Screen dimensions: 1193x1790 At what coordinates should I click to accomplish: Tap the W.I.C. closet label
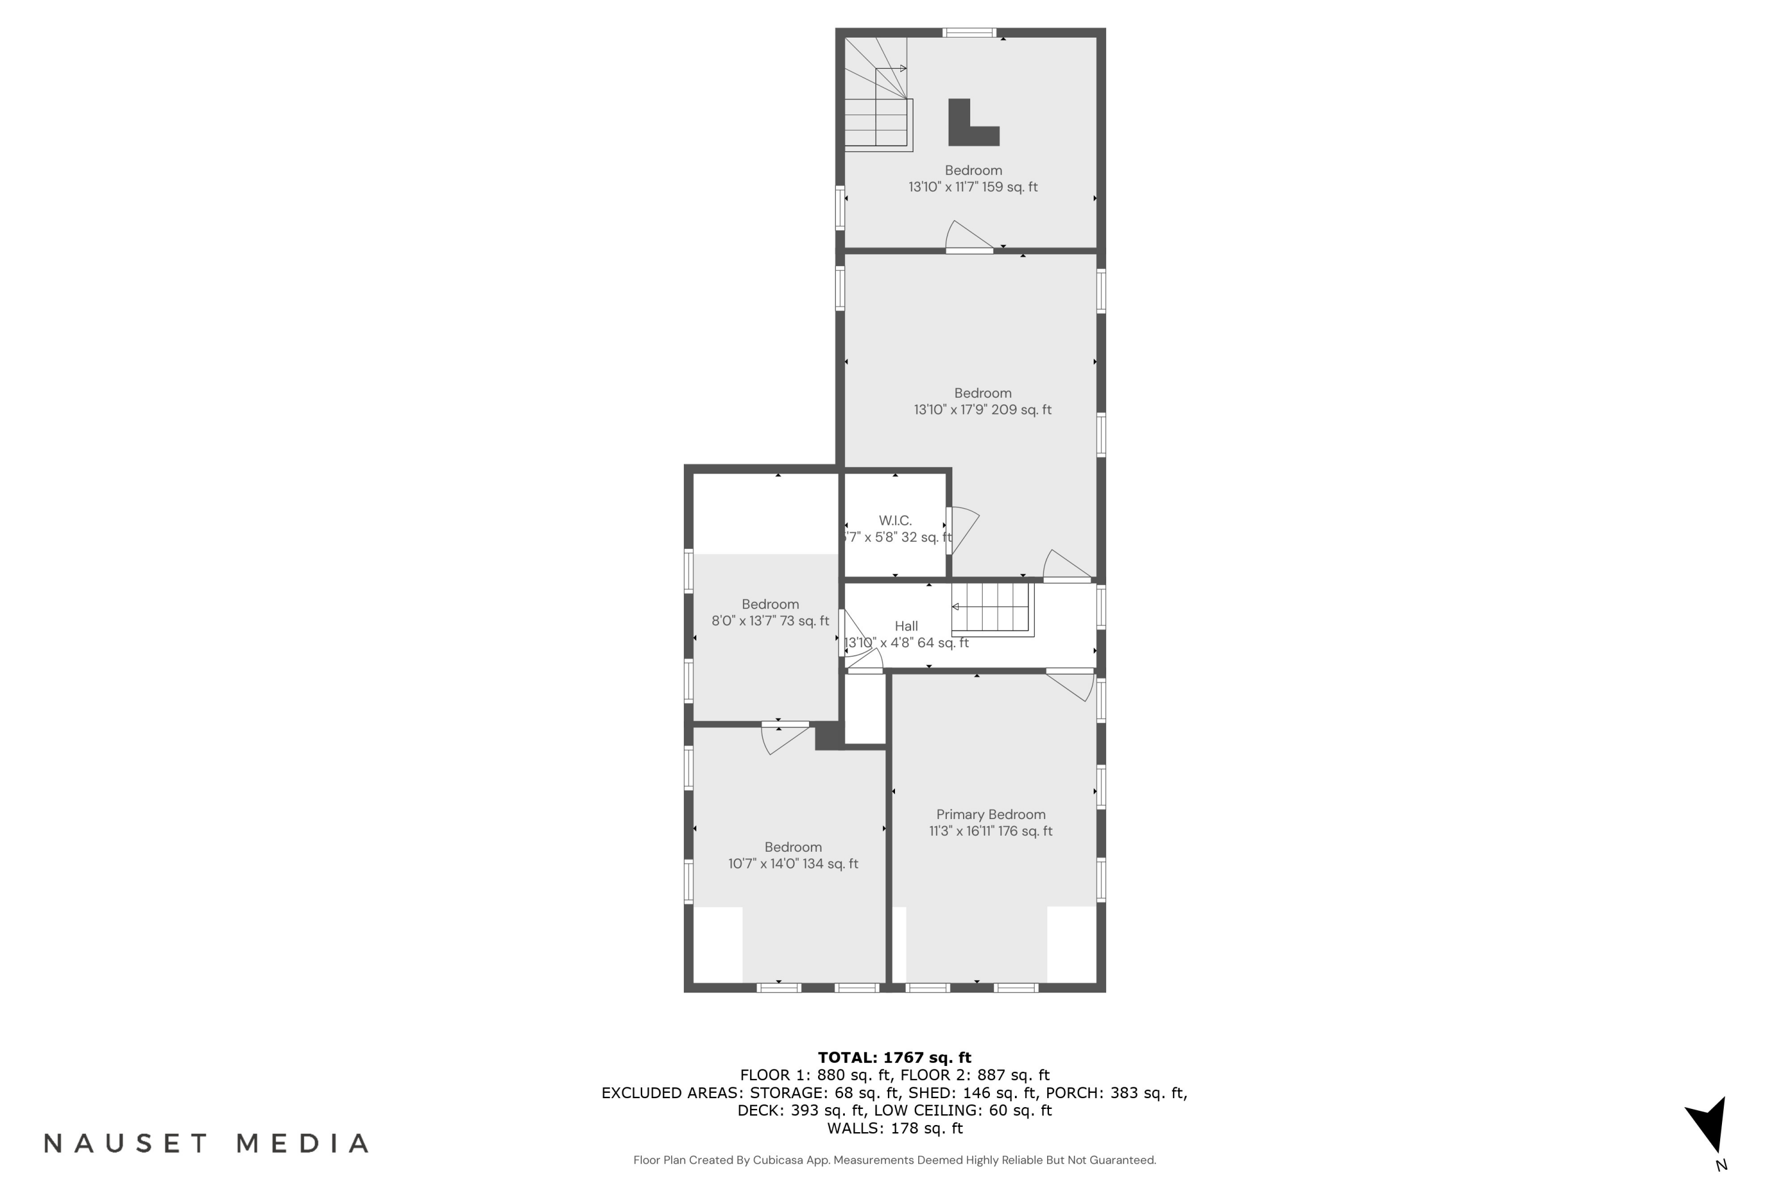[x=895, y=520]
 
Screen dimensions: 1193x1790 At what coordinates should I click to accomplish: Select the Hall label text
[x=906, y=626]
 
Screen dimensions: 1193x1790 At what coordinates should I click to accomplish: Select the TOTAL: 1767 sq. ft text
[x=894, y=1058]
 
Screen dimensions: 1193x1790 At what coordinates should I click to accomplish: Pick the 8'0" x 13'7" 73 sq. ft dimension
[x=770, y=621]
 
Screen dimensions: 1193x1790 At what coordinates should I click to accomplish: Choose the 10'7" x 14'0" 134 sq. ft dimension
[x=793, y=864]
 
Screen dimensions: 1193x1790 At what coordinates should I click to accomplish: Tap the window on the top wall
[x=969, y=33]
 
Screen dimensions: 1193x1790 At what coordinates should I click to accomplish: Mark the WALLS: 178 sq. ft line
[x=894, y=1129]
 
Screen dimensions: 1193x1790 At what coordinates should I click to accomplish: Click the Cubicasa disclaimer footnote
[x=894, y=1160]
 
